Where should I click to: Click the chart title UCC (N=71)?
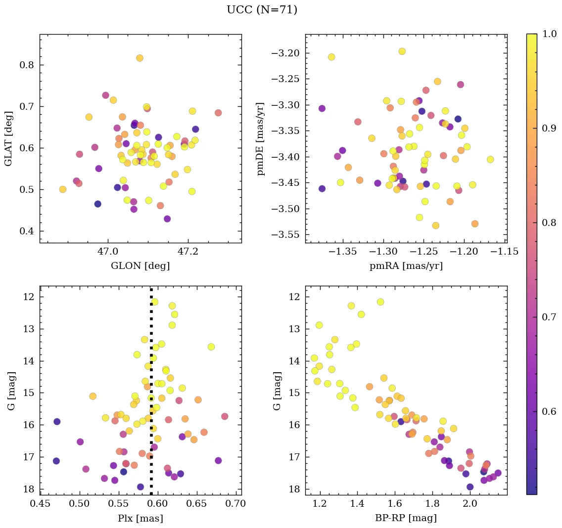coord(262,10)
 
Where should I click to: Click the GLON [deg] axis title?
coord(140,266)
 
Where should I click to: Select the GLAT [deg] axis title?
coord(8,138)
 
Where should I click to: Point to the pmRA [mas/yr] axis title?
coord(406,266)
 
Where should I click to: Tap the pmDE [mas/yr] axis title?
coord(261,139)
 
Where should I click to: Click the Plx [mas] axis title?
coord(140,518)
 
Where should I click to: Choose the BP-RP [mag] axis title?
coord(406,518)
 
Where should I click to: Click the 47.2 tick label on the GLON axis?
coord(187,251)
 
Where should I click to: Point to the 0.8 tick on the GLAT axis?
coord(26,65)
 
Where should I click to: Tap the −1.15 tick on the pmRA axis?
coord(505,251)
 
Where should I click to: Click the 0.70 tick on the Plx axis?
coord(235,503)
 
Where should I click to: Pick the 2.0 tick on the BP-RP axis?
coord(469,503)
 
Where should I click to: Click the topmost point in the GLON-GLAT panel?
coord(140,58)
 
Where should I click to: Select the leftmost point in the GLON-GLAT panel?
coord(63,189)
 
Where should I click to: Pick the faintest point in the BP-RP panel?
coord(470,487)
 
